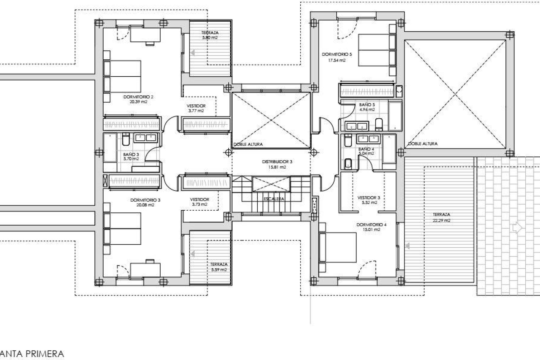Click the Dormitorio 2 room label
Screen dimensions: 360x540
tap(138, 97)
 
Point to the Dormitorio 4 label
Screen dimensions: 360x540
tap(371, 225)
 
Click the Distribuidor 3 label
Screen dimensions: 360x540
tap(277, 162)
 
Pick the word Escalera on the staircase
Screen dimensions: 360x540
tap(274, 199)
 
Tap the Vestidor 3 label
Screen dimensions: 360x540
tap(368, 198)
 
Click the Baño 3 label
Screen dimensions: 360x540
tap(131, 154)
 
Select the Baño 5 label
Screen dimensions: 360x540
tap(367, 105)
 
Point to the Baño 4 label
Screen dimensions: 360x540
tap(366, 149)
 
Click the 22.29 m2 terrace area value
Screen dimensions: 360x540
tap(442, 220)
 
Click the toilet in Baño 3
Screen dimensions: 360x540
tap(126, 139)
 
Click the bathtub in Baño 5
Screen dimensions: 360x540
tap(395, 116)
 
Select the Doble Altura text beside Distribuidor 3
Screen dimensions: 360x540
tap(248, 144)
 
